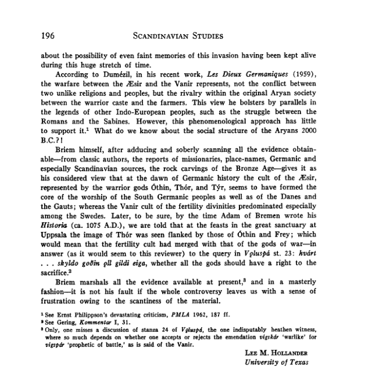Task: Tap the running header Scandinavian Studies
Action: pos(178,36)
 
